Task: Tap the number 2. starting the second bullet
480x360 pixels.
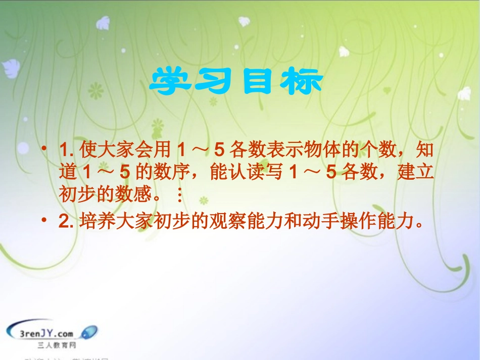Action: click(67, 222)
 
